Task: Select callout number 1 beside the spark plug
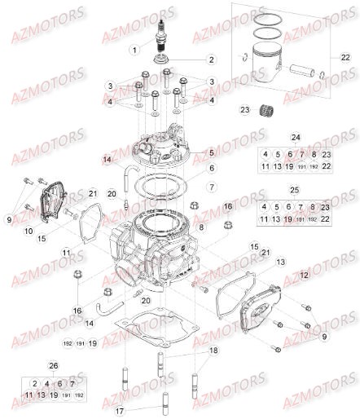(134, 51)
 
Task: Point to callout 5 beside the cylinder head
(210, 152)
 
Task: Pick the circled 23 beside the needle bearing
(244, 110)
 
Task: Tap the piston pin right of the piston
(309, 67)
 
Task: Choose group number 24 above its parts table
(296, 137)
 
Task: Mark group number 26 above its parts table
(54, 366)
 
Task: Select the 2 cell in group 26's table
(35, 383)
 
